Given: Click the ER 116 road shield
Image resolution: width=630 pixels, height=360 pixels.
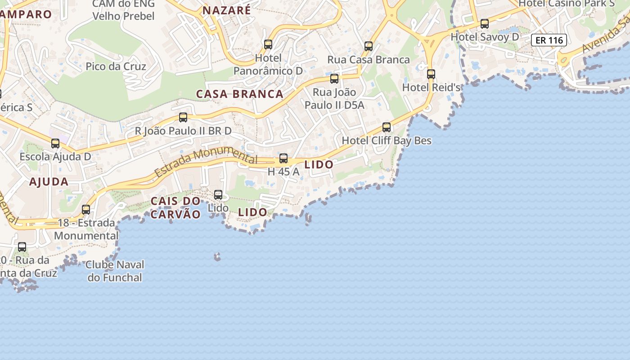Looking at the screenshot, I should pyautogui.click(x=549, y=40).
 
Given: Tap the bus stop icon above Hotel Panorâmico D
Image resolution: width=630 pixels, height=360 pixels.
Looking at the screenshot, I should pyautogui.click(x=268, y=45).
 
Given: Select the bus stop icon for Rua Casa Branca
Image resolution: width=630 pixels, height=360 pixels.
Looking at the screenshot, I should pyautogui.click(x=369, y=46).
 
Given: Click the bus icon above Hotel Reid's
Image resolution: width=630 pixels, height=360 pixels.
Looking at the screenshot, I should pyautogui.click(x=431, y=74).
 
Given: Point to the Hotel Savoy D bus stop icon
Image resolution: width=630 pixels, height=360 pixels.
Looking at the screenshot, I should pyautogui.click(x=485, y=24).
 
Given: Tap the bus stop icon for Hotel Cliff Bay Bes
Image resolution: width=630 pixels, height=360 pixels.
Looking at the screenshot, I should pyautogui.click(x=387, y=127).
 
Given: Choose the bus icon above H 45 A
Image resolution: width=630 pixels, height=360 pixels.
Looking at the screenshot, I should pyautogui.click(x=283, y=158).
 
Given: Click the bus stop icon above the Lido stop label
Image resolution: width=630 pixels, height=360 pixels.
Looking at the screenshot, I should pyautogui.click(x=218, y=195).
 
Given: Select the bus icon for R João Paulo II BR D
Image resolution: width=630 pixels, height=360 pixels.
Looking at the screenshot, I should pyautogui.click(x=183, y=117).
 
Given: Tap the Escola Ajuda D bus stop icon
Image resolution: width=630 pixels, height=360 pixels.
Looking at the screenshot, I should pyautogui.click(x=55, y=144).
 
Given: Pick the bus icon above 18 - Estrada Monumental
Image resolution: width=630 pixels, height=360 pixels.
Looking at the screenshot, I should pyautogui.click(x=86, y=210).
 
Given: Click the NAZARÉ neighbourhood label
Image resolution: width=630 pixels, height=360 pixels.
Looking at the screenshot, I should pyautogui.click(x=226, y=10).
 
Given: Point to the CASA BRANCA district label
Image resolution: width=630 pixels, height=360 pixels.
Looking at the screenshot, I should pyautogui.click(x=240, y=94).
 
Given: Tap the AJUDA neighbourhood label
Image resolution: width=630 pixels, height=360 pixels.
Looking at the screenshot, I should pyautogui.click(x=49, y=182).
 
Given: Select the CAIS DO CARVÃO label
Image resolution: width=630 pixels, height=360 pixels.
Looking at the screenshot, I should pyautogui.click(x=175, y=207).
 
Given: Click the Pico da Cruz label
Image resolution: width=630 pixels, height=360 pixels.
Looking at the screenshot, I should pyautogui.click(x=116, y=67).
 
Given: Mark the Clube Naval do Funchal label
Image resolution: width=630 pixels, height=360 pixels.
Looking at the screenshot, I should pyautogui.click(x=115, y=271).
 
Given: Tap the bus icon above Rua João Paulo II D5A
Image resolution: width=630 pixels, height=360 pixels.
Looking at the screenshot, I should pyautogui.click(x=334, y=79).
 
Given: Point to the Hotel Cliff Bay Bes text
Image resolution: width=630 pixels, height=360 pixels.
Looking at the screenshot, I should pyautogui.click(x=387, y=140).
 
